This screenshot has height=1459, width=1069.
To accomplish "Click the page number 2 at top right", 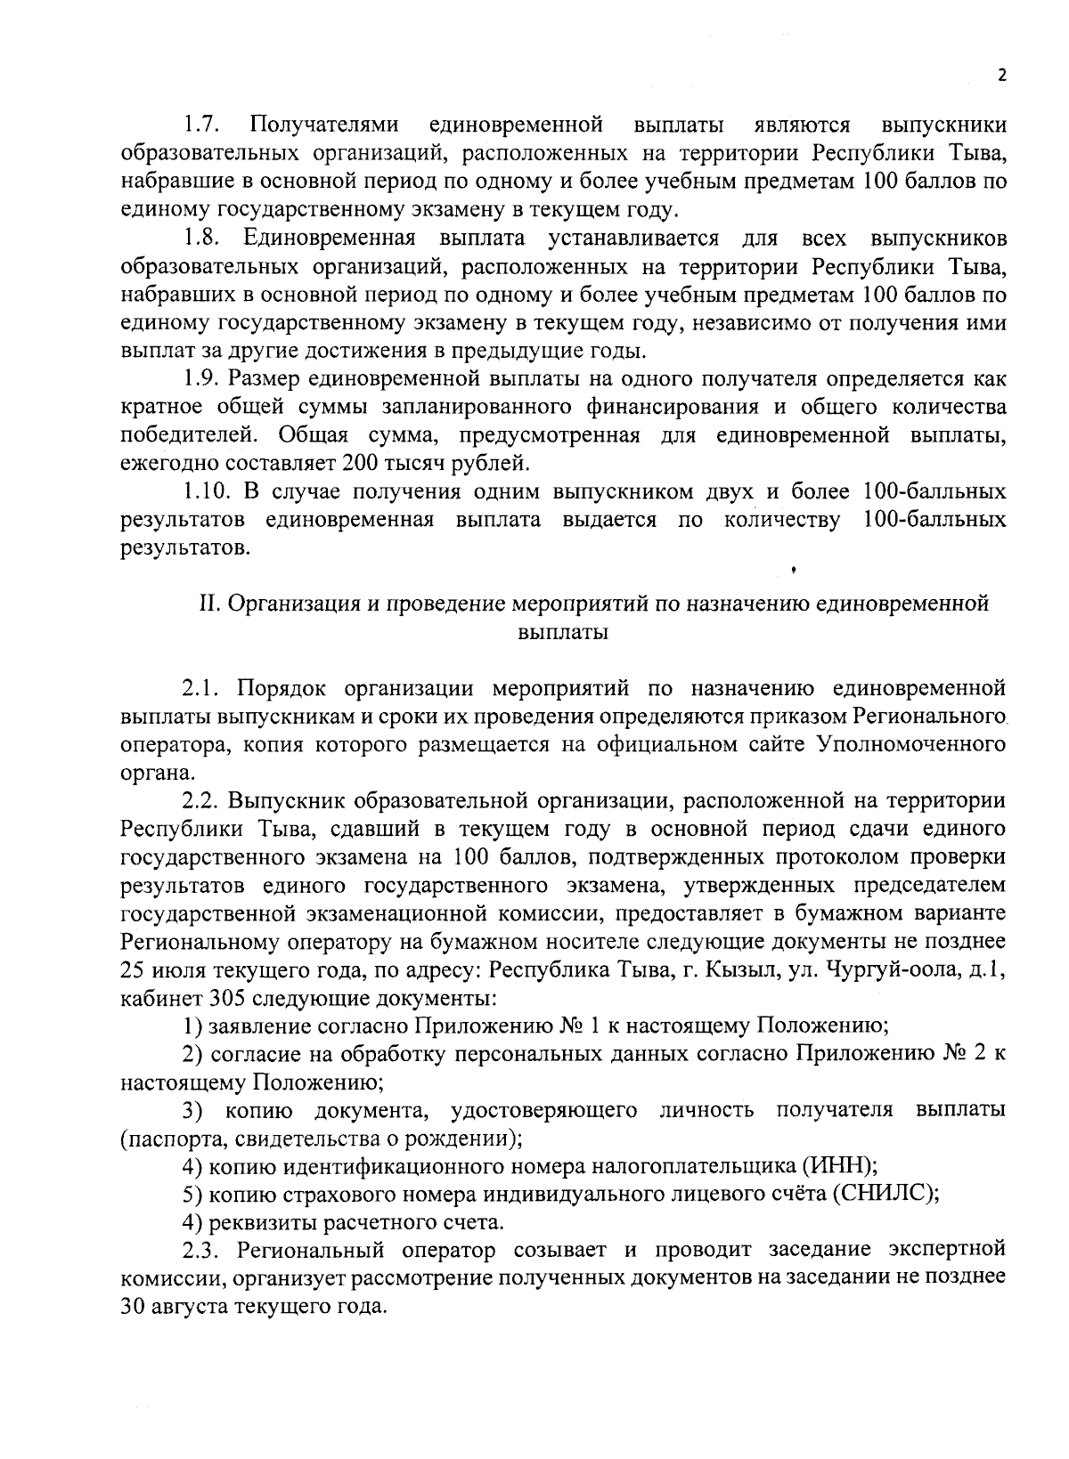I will (1001, 76).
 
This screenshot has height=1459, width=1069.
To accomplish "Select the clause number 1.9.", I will (203, 378).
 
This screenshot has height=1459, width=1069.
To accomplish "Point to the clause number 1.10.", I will (208, 491).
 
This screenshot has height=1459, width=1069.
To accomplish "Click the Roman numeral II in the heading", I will (208, 604).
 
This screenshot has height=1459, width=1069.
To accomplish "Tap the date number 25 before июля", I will (132, 969).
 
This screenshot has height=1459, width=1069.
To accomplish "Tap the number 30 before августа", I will (132, 1308).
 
